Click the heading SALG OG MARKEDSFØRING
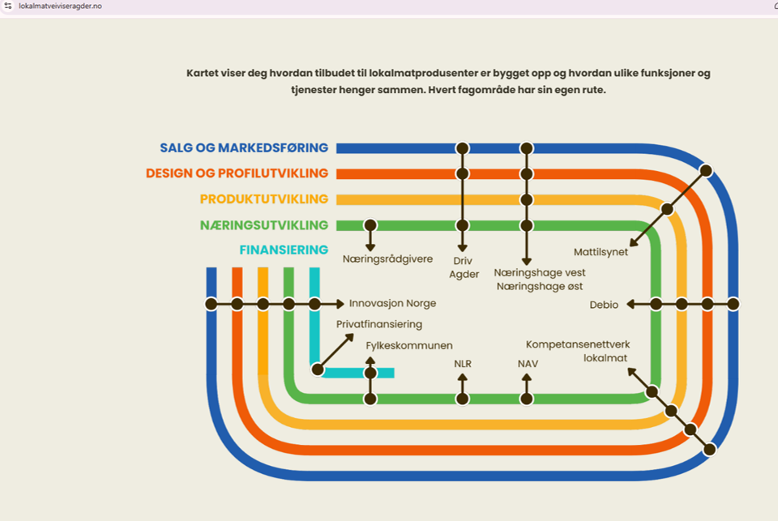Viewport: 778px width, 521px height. pyautogui.click(x=244, y=148)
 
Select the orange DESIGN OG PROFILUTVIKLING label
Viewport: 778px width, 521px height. pyautogui.click(x=237, y=173)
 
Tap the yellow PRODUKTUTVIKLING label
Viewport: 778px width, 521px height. pyautogui.click(x=264, y=199)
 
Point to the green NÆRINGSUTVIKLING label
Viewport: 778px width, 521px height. pyautogui.click(x=264, y=225)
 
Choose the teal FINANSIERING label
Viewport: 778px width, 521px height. pyautogui.click(x=284, y=250)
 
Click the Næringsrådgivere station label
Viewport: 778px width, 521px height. pyautogui.click(x=387, y=259)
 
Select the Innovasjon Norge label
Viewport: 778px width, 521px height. pyautogui.click(x=392, y=304)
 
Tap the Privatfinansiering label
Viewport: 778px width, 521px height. pyautogui.click(x=379, y=325)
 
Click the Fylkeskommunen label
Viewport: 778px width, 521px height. pyautogui.click(x=409, y=346)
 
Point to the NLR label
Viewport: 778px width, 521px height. pyautogui.click(x=463, y=365)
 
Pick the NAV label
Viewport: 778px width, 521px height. pyautogui.click(x=528, y=365)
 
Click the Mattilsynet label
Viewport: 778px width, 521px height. pyautogui.click(x=601, y=252)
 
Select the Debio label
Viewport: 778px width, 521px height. pyautogui.click(x=604, y=305)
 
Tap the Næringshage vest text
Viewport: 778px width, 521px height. pyautogui.click(x=540, y=273)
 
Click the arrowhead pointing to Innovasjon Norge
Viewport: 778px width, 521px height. pyautogui.click(x=340, y=304)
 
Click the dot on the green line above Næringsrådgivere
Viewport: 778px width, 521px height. pyautogui.click(x=370, y=225)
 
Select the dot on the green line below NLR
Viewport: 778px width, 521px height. pyautogui.click(x=463, y=399)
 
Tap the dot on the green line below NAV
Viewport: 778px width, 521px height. pyautogui.click(x=527, y=399)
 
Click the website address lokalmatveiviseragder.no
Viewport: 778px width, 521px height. pyautogui.click(x=60, y=6)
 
